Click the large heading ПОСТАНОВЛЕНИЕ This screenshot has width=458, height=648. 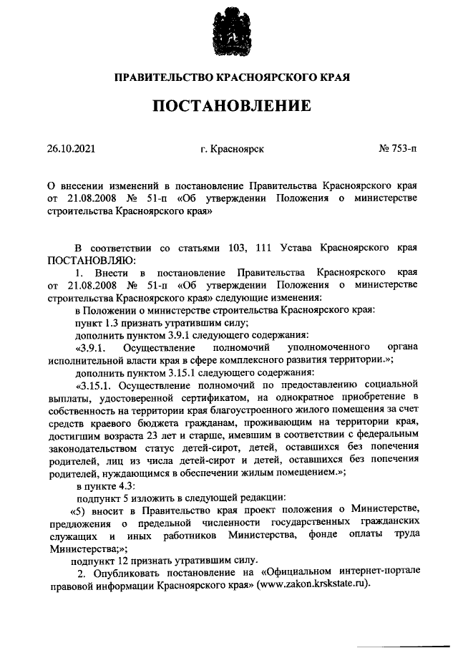(229, 107)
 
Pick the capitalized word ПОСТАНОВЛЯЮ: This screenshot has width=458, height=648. (90, 258)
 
